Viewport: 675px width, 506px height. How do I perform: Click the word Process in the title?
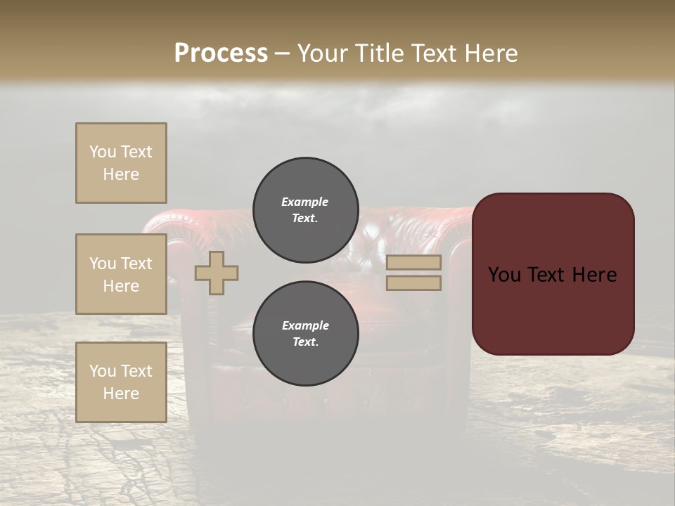point(221,53)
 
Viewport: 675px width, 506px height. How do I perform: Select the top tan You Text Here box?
point(121,163)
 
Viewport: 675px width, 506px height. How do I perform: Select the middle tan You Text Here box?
point(121,274)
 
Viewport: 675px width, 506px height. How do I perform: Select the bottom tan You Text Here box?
point(121,382)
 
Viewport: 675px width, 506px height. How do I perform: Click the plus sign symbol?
point(217,273)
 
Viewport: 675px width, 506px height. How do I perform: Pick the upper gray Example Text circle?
point(305,210)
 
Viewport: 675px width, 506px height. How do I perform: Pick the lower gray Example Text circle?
point(305,334)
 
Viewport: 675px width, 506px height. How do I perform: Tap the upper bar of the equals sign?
point(413,262)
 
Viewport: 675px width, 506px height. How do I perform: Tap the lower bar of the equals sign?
point(413,283)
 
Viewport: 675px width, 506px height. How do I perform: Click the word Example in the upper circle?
point(305,202)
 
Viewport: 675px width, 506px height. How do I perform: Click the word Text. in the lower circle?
point(305,342)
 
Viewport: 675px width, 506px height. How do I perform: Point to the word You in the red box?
point(504,275)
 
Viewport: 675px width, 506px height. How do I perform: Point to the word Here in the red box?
point(594,275)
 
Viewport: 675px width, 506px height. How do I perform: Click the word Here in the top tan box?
point(121,174)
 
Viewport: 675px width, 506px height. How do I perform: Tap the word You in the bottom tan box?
point(103,371)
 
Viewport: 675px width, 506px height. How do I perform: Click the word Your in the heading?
point(323,53)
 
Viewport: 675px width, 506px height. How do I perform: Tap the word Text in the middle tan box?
point(136,264)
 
